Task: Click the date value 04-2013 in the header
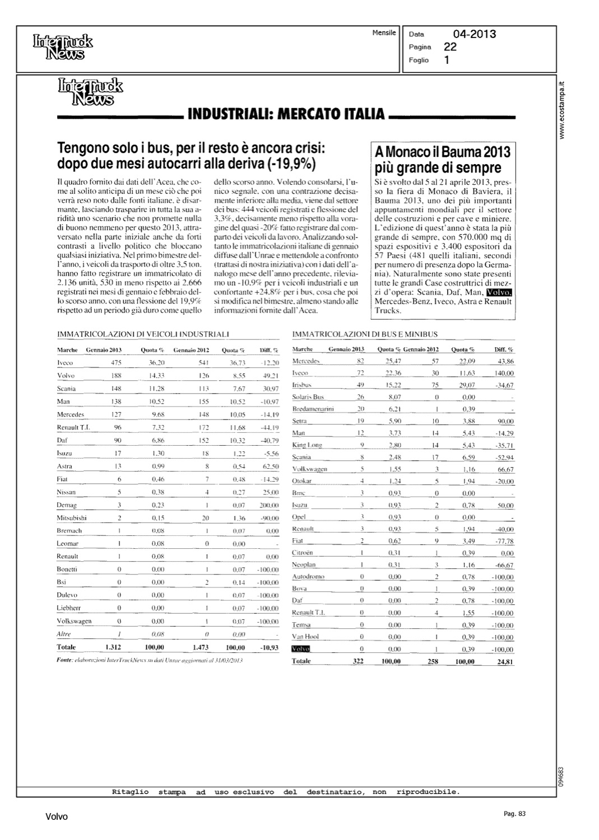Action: [474, 34]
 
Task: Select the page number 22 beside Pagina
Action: [450, 47]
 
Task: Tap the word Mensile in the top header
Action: [384, 33]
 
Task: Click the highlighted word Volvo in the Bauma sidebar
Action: [499, 293]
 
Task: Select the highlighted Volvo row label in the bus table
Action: [300, 649]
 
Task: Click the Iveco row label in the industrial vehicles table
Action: [65, 363]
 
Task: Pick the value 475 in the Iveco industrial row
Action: [115, 363]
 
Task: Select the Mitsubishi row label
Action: [72, 518]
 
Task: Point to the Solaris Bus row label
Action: [308, 397]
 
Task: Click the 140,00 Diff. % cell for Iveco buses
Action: [504, 373]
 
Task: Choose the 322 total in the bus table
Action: [358, 661]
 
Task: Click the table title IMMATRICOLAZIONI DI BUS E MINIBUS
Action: [365, 334]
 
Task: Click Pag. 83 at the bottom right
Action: [514, 814]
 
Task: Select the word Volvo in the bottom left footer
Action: [57, 817]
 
